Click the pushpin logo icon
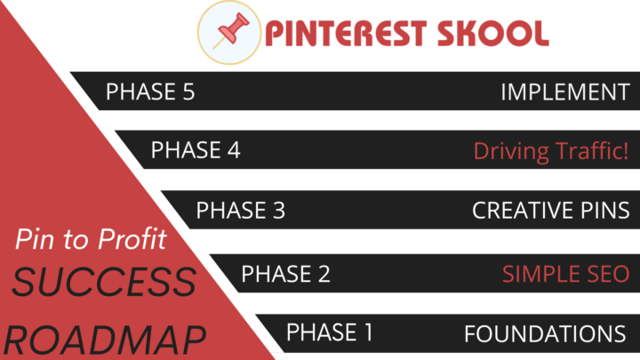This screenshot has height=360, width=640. pyautogui.click(x=228, y=32)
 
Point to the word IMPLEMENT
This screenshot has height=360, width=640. pyautogui.click(x=565, y=92)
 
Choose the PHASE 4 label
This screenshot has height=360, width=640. pyautogui.click(x=196, y=150)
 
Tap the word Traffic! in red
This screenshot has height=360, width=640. pyautogui.click(x=589, y=151)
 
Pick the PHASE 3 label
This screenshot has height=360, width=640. pyautogui.click(x=241, y=211)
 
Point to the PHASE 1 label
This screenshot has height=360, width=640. pyautogui.click(x=330, y=333)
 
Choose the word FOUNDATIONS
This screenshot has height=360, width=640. pyautogui.click(x=545, y=334)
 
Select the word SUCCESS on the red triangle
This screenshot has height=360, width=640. pyautogui.click(x=105, y=283)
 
